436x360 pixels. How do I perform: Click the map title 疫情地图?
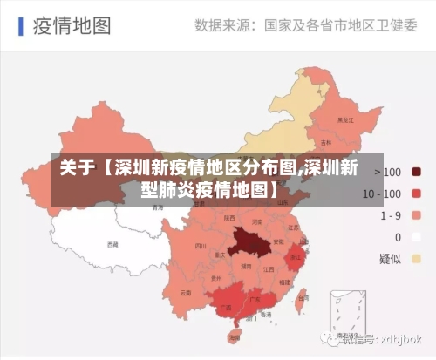72,25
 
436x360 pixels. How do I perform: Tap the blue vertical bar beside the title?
19,25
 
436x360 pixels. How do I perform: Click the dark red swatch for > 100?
417,172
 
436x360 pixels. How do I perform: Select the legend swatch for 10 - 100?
417,194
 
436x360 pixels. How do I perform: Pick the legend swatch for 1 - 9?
417,215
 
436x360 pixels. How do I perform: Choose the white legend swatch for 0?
417,237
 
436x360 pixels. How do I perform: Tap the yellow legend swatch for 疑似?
417,259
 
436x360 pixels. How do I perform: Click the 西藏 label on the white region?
112,245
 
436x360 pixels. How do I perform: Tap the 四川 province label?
191,245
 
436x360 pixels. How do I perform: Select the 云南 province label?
185,293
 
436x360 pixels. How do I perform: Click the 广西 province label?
227,308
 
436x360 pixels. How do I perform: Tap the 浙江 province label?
296,257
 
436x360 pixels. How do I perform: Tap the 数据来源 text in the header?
221,25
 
